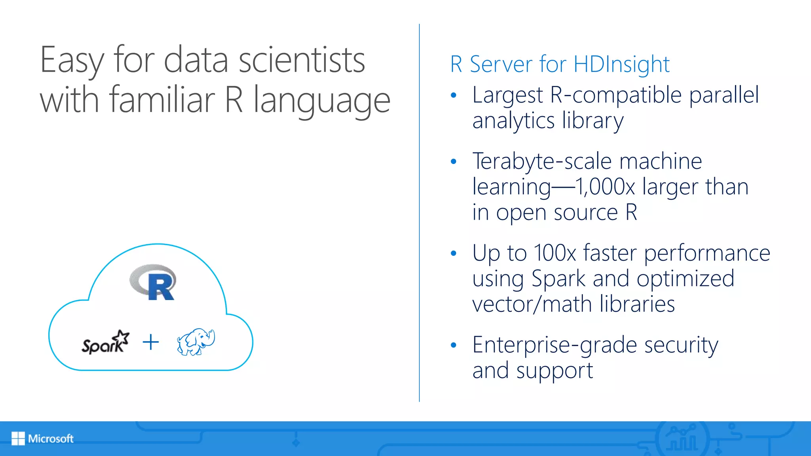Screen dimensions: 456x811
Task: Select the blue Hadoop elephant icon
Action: click(x=196, y=342)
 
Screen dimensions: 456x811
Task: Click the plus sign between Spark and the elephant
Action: click(x=151, y=342)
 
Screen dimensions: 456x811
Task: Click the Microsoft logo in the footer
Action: click(x=42, y=439)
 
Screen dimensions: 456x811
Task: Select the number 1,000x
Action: click(x=605, y=187)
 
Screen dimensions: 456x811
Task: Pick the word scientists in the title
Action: click(x=302, y=60)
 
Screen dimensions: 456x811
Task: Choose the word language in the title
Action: click(x=322, y=101)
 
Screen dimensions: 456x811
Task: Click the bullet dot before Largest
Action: click(x=454, y=95)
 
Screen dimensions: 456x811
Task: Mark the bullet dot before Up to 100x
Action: click(x=454, y=253)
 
